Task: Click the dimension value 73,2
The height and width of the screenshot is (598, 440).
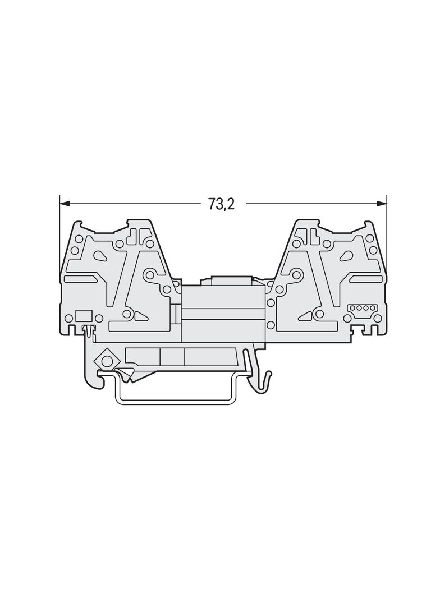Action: click(x=221, y=204)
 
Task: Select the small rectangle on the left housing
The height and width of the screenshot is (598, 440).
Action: click(x=83, y=316)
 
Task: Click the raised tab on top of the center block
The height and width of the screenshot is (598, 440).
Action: click(x=231, y=279)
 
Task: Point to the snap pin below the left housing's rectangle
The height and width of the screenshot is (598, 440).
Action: click(x=88, y=330)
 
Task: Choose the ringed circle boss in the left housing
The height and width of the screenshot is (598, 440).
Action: click(x=150, y=275)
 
